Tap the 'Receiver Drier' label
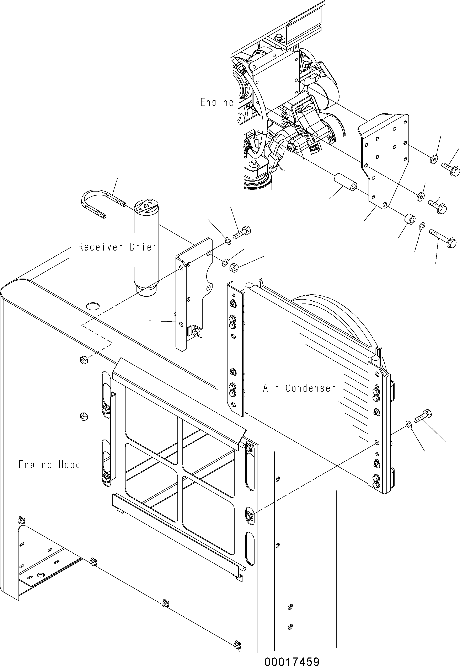pos(118,247)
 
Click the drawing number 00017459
pos(292,661)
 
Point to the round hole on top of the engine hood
pos(92,306)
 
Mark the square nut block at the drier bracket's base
pos(195,332)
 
